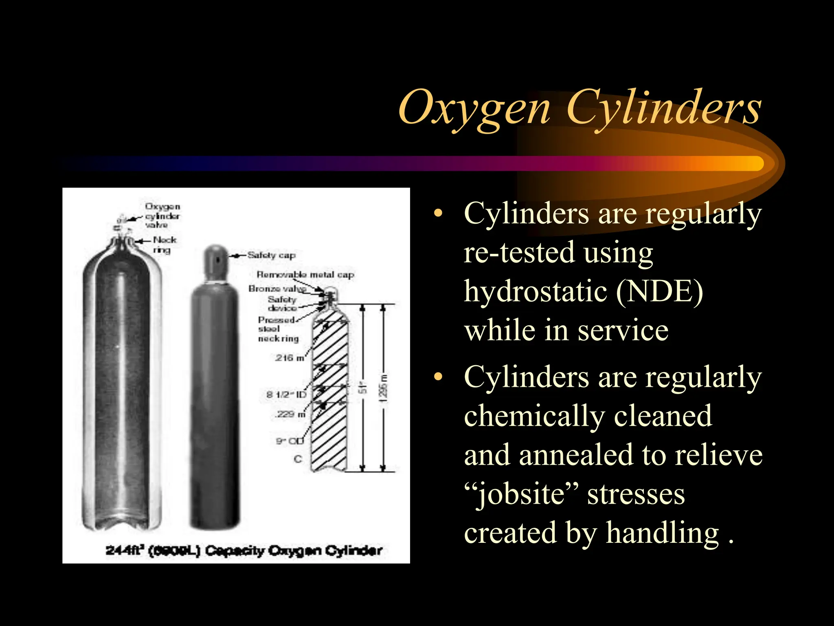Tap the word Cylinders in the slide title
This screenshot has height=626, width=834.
tap(663, 107)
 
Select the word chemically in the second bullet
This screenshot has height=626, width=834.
tap(534, 416)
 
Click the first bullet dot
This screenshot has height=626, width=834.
tap(438, 214)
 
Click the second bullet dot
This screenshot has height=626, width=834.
tap(438, 377)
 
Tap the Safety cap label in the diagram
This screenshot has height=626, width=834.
tap(271, 256)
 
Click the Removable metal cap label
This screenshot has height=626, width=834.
tap(305, 275)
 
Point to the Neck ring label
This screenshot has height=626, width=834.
tap(164, 245)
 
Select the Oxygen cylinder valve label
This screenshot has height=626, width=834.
tap(162, 216)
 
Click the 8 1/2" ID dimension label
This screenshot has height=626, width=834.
tap(286, 395)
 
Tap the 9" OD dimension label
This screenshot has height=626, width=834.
tap(290, 441)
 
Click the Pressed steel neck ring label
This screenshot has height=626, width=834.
tap(278, 329)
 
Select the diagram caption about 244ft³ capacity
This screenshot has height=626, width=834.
tap(244, 551)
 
